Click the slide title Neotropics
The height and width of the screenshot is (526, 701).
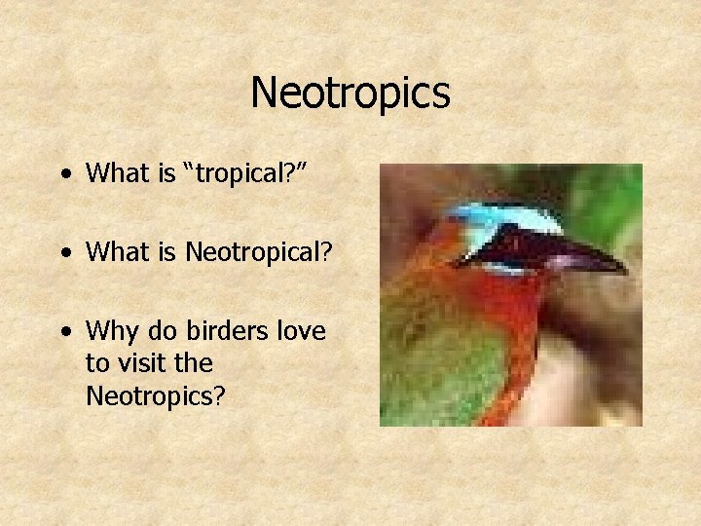click(350, 94)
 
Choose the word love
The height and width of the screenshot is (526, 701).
click(300, 331)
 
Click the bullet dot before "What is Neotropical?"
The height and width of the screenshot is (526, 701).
click(65, 253)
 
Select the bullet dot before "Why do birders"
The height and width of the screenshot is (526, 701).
click(65, 332)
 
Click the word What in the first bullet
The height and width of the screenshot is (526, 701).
click(115, 173)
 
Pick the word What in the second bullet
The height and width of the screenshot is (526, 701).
click(115, 252)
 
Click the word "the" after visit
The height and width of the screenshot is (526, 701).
click(194, 363)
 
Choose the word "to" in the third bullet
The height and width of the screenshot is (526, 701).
click(97, 363)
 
